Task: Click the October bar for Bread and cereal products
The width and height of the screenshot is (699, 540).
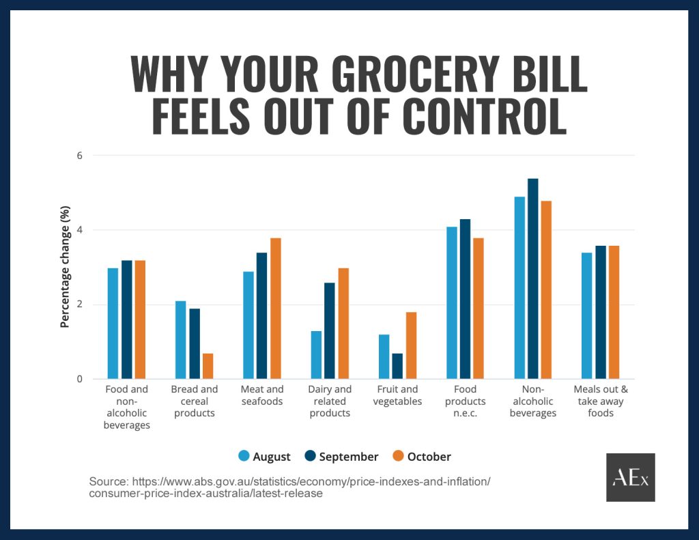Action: click(208, 366)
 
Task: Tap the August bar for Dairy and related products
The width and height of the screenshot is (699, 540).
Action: click(316, 355)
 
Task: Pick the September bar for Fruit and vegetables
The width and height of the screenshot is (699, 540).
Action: click(397, 366)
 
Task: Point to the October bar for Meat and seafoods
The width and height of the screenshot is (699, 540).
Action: click(276, 309)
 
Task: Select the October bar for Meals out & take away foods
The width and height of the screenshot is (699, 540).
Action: click(614, 312)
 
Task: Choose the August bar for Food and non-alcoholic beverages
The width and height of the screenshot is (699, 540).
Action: click(113, 324)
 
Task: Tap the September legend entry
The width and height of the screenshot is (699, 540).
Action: click(341, 457)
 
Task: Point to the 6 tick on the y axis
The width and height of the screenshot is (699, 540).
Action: click(79, 156)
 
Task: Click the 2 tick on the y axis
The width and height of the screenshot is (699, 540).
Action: click(79, 304)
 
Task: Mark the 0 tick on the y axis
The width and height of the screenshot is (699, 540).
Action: click(79, 379)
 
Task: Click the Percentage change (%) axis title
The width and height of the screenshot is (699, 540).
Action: click(65, 266)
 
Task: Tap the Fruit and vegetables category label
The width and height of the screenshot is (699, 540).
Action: click(397, 395)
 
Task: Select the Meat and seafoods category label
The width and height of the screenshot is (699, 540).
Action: click(262, 395)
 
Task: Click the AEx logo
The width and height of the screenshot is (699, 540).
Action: click(630, 477)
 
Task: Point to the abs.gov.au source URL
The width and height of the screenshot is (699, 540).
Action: click(289, 487)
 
